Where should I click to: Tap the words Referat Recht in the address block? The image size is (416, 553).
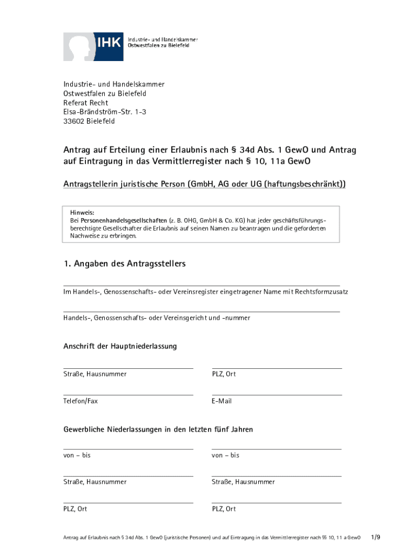(x=85, y=103)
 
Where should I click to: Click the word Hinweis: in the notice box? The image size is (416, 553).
(x=82, y=212)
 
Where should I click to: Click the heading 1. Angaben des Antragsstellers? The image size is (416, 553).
(x=124, y=264)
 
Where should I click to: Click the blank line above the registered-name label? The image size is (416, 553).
(x=202, y=285)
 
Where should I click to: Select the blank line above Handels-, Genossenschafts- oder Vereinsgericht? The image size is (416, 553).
(x=202, y=311)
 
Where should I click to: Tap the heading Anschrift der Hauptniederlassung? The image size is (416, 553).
(x=120, y=346)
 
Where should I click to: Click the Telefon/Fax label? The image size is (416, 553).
(x=80, y=401)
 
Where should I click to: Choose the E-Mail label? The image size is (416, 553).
(x=222, y=401)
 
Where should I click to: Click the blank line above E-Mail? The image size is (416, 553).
(x=277, y=395)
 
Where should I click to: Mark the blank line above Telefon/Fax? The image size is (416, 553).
(x=128, y=395)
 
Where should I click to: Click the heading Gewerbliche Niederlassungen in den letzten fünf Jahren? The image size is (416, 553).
(x=158, y=430)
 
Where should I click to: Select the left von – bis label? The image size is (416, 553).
(x=77, y=455)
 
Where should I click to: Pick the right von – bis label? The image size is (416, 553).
(x=225, y=455)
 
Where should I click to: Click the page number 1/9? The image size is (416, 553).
(x=376, y=537)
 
